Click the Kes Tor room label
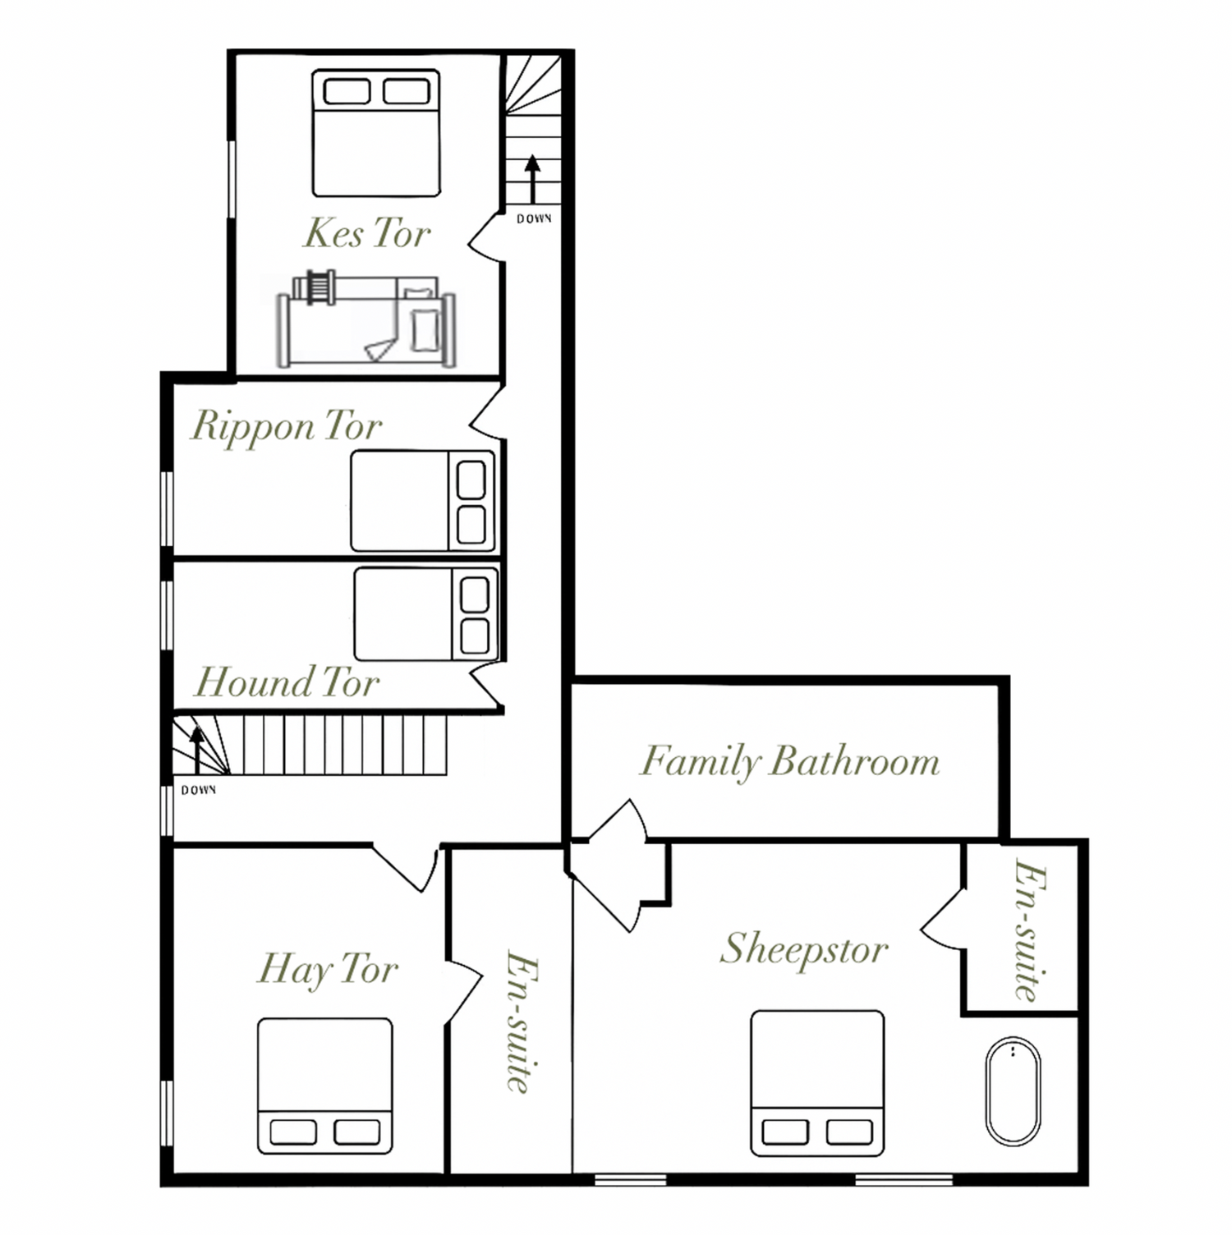(367, 233)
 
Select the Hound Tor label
(287, 682)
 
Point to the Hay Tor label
(328, 970)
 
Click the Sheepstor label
(804, 951)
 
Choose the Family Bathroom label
(790, 761)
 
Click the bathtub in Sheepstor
(1013, 1091)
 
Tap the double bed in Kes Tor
(376, 133)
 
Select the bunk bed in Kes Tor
(365, 319)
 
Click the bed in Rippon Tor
(423, 501)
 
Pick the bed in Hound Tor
(426, 614)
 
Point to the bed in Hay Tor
(325, 1086)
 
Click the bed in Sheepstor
(817, 1084)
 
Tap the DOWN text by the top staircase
(534, 218)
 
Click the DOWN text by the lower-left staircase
(199, 790)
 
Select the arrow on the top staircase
(533, 179)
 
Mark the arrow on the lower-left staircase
(197, 750)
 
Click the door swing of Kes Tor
(485, 238)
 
